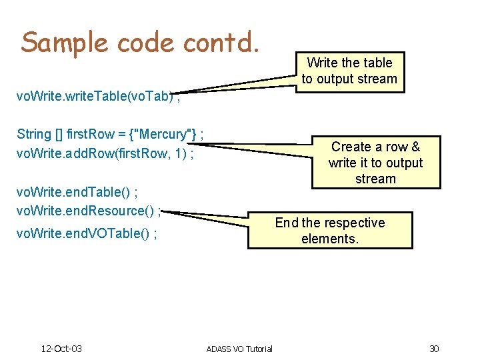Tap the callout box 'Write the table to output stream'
[349, 71]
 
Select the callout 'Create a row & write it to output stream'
[375, 163]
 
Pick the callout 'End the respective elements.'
[330, 231]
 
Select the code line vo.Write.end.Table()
[77, 194]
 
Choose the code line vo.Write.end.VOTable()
[87, 234]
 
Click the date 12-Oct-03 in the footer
[61, 349]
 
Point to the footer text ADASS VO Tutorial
[239, 349]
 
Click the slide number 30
[434, 349]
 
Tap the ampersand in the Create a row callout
[415, 147]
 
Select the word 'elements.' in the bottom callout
[330, 239]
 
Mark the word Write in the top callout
[322, 63]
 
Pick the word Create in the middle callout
[351, 147]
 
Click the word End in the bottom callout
[286, 223]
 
